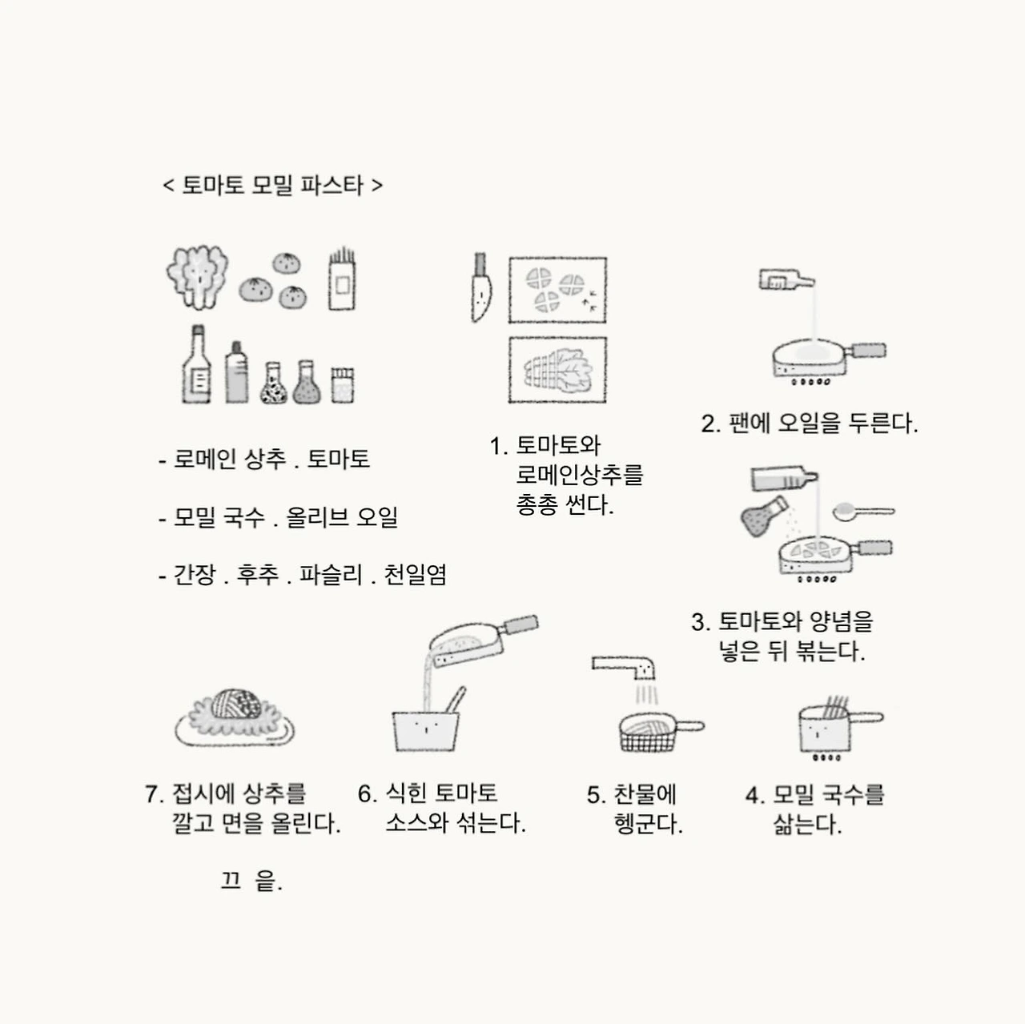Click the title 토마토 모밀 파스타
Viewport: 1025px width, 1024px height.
272,185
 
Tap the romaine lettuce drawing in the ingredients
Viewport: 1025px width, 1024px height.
197,277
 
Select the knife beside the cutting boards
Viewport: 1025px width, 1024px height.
481,287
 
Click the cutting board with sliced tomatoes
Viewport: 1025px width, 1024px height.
557,290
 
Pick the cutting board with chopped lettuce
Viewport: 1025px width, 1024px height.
557,370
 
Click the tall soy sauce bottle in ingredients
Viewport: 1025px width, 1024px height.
197,365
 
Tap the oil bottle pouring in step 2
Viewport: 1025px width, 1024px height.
786,279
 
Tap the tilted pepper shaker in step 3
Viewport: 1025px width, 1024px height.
763,516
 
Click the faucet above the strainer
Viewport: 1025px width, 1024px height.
624,668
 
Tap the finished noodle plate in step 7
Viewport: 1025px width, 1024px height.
235,717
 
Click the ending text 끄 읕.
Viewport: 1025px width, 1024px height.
251,881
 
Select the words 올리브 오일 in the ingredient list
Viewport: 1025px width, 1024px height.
342,516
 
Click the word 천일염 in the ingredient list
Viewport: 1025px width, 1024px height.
416,574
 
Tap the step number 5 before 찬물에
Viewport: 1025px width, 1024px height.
593,795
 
